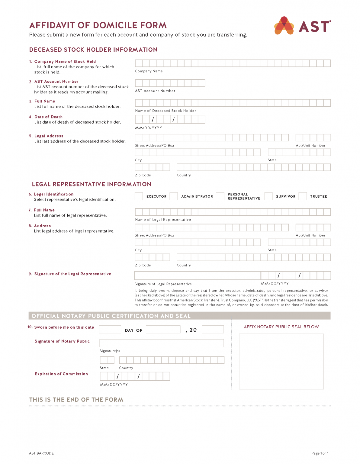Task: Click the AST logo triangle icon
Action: click(284, 26)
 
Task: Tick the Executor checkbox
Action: click(139, 196)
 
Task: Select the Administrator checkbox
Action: click(174, 196)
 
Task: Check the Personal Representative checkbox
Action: click(220, 196)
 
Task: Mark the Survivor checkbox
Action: click(268, 196)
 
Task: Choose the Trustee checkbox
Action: click(303, 196)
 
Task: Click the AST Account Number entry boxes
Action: click(170, 83)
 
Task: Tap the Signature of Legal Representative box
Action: click(198, 275)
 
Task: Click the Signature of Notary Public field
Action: click(162, 343)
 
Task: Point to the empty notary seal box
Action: click(281, 361)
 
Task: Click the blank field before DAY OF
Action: click(110, 329)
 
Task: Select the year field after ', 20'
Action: click(213, 329)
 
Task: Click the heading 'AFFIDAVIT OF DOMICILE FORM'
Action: click(98, 25)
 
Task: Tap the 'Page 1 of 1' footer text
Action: click(320, 453)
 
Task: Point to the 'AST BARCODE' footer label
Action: click(41, 453)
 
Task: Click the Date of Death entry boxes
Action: click(170, 119)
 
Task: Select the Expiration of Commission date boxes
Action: click(135, 376)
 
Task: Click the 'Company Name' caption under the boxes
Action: click(149, 71)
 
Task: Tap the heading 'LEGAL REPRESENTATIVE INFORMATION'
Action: click(92, 184)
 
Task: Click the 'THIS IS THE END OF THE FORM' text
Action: click(76, 400)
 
